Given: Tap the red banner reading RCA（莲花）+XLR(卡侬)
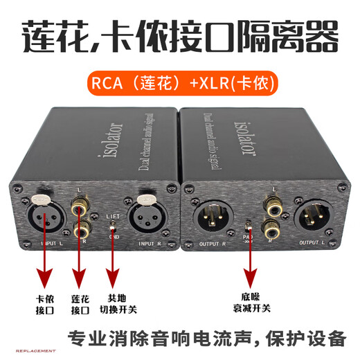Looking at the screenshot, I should [180, 84].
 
